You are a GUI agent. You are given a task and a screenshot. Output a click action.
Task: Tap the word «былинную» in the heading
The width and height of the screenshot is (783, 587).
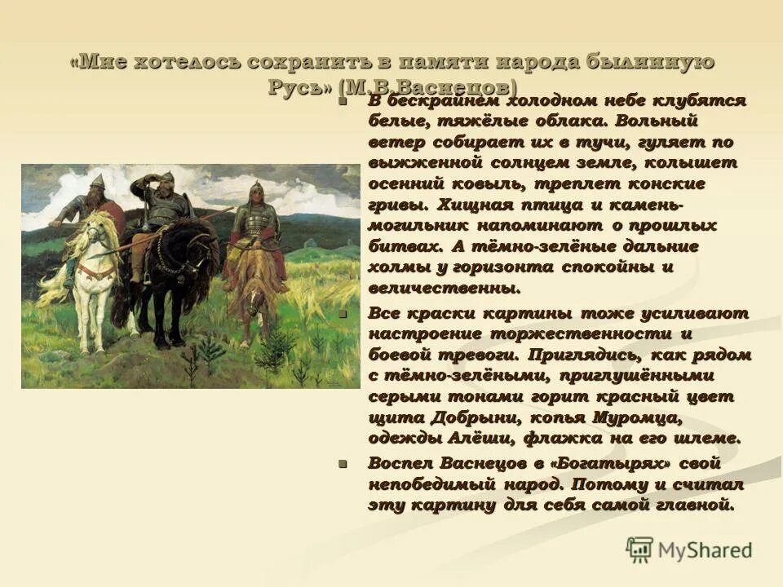click(x=652, y=63)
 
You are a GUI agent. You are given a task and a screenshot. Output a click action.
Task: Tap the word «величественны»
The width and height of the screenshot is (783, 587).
click(x=444, y=288)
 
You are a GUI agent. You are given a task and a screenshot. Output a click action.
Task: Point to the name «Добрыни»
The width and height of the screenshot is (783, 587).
click(x=489, y=417)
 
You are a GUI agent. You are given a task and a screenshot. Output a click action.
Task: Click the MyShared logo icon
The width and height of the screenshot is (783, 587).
click(x=640, y=548)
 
